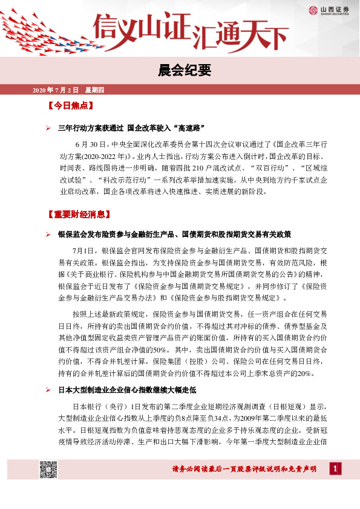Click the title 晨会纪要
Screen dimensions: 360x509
(x=180, y=71)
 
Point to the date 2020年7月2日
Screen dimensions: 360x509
(x=55, y=90)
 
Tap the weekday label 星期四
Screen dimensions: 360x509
(x=94, y=90)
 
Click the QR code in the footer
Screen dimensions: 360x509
(x=48, y=470)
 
